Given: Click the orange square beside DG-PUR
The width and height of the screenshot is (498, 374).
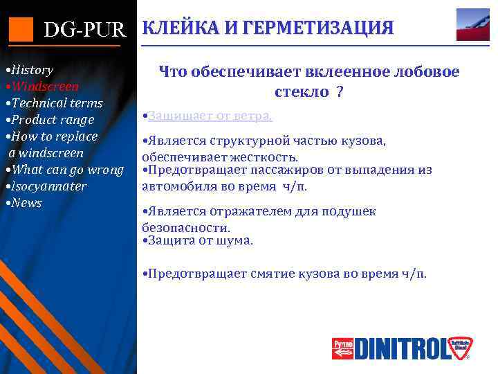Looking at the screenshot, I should pos(21,28).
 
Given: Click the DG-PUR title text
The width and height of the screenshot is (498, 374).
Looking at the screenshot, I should pos(86,30).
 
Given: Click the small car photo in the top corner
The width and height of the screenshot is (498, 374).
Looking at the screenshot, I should pos(473,25).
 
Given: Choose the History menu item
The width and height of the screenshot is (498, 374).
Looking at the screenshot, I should pos(30,70).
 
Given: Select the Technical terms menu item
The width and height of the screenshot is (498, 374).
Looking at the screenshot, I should pos(55,103).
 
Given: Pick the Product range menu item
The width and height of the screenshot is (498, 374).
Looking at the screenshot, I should pos(50,120).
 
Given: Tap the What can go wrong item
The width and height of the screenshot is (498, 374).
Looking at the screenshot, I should pos(66,170).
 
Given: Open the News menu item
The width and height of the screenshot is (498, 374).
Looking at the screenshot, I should pos(25,203).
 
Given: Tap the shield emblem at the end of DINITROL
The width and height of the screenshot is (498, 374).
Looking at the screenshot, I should pos(459,347).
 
